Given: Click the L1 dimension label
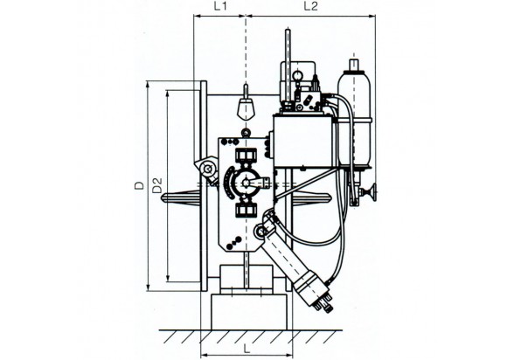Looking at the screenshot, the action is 220,7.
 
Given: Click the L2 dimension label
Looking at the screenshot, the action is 310,6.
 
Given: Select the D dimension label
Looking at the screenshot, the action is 140,184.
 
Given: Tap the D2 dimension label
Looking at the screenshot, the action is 157,185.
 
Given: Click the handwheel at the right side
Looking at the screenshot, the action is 372,191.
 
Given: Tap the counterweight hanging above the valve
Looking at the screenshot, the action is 246,109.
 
